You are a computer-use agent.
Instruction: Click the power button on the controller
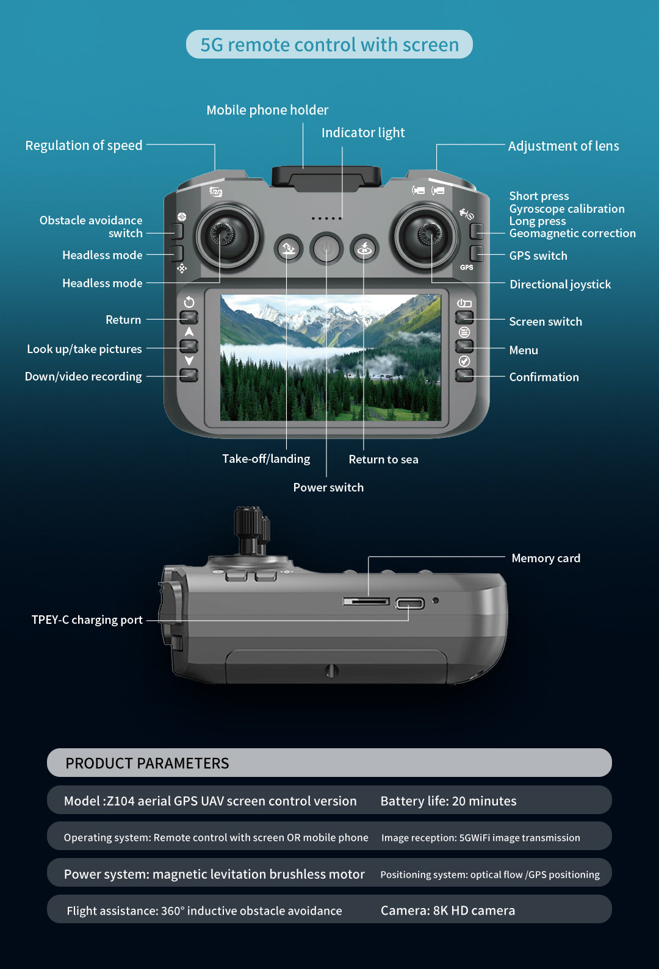[326, 249]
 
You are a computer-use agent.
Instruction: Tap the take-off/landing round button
[288, 249]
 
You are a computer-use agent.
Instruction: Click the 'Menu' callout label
[524, 350]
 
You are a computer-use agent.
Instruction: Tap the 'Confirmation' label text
[544, 377]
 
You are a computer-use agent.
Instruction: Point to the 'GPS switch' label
[538, 256]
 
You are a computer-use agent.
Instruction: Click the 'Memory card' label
[546, 558]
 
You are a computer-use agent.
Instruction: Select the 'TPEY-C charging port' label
[87, 620]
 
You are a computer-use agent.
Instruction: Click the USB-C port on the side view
[409, 604]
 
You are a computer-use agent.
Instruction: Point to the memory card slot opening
[366, 602]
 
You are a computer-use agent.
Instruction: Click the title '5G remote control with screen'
[329, 45]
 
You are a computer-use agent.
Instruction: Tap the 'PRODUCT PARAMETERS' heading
[147, 763]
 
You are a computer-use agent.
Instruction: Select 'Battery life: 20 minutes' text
[448, 801]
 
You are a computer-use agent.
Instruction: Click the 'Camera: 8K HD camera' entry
[447, 910]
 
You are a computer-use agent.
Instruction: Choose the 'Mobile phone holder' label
[267, 110]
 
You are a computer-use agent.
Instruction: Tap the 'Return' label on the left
[123, 320]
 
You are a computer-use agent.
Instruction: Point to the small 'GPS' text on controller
[467, 267]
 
